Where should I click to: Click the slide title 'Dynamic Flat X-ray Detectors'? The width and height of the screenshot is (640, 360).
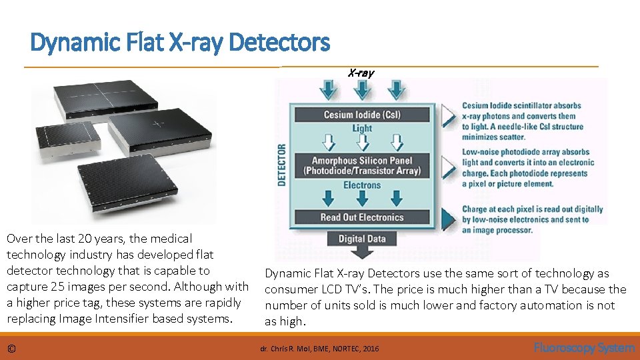180,43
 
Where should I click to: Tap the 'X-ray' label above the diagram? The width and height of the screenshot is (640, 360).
361,73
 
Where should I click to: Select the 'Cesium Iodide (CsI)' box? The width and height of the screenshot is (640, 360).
362,115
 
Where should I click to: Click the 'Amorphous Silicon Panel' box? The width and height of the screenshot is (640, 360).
362,165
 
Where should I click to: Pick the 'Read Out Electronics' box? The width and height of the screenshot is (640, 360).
362,217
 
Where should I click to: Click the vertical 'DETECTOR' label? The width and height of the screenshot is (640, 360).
281,165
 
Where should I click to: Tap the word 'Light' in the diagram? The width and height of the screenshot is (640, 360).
362,128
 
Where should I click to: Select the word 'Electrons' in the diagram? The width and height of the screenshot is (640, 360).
362,185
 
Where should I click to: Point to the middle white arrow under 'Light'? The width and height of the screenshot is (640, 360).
362,141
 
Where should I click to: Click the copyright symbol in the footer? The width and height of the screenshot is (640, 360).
11,349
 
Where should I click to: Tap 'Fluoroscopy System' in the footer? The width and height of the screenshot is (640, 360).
584,348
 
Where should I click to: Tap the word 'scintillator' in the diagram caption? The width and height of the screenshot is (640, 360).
541,105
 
